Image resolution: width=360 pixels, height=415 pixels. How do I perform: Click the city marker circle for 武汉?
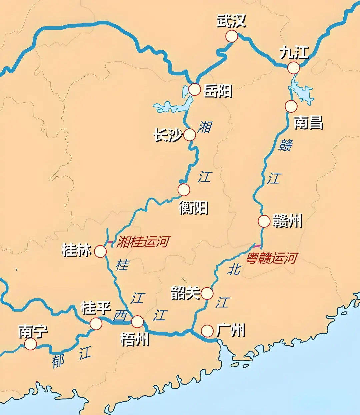point(232,36)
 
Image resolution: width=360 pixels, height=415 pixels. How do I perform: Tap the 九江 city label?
point(294,53)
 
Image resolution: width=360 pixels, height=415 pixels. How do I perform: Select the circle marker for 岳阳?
point(195,90)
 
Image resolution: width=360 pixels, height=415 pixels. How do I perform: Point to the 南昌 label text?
point(308,122)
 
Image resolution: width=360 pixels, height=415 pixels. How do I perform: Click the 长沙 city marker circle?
point(190,135)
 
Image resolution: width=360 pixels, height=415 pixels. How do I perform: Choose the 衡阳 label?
point(193,208)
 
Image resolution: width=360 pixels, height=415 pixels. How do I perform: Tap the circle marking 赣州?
point(264,221)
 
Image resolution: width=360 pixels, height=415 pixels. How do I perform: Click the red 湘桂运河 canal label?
point(143,242)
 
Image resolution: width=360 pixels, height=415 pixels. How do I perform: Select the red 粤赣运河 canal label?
point(272,258)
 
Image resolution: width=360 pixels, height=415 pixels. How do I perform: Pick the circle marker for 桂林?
point(100,252)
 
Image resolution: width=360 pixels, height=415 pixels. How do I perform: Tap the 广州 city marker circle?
point(207,331)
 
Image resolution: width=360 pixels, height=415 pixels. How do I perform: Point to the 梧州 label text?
point(135,340)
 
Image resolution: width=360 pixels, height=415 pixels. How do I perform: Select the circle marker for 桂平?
point(96,324)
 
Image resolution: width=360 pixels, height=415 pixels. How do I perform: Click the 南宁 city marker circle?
point(31,344)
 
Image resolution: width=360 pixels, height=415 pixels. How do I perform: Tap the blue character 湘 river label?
point(205,127)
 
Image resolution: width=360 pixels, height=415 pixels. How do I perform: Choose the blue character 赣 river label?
point(286,145)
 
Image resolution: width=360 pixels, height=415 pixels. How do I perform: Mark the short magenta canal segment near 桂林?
point(110,242)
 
